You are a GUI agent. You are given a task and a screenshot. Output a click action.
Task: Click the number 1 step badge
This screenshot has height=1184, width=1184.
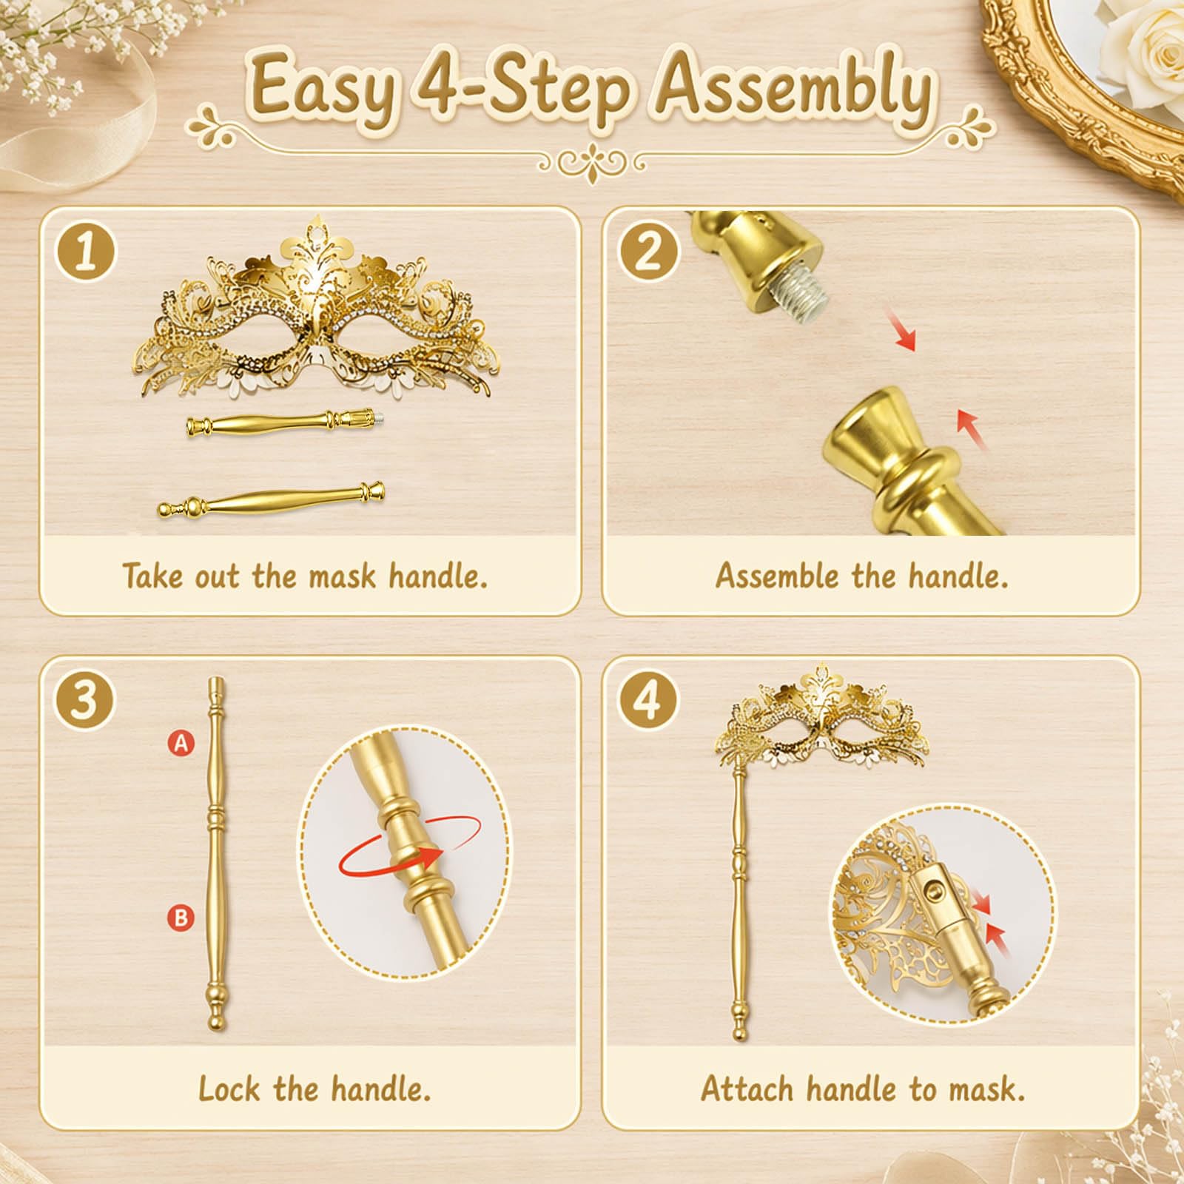[86, 252]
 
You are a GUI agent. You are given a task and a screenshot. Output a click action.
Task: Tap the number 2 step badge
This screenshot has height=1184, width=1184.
[648, 252]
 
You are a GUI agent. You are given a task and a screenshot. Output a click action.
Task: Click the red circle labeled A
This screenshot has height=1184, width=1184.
[181, 743]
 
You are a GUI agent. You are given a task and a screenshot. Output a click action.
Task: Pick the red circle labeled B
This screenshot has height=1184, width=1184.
[181, 918]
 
